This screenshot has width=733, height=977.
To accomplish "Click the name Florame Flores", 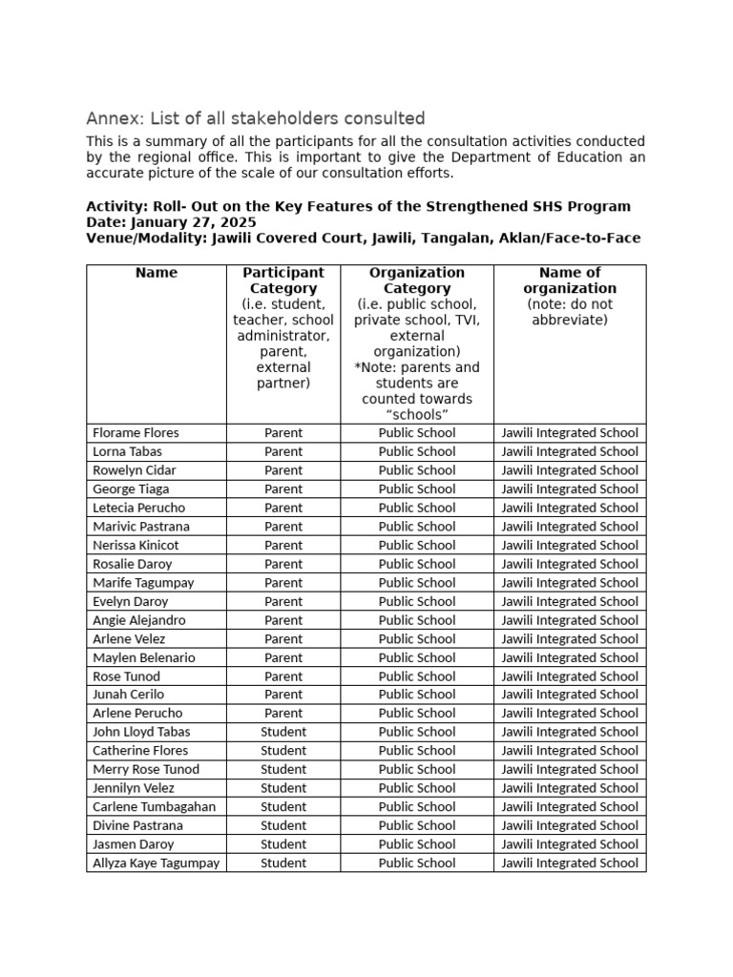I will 136,433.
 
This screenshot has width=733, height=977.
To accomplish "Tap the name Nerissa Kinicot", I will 136,546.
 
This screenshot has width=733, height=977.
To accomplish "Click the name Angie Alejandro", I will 139,620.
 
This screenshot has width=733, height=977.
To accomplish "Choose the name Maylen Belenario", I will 143,657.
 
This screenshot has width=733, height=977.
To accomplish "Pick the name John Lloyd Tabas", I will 141,732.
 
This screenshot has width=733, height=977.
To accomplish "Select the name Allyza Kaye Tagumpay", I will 157,863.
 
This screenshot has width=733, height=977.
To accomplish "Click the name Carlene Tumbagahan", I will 154,807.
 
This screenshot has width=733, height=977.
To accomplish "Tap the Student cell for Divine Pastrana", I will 283,825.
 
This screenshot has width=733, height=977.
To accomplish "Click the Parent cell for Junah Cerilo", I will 283,695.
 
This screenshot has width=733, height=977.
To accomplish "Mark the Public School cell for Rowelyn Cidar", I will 417,470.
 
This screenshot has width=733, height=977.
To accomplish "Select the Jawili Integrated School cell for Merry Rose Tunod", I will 570,770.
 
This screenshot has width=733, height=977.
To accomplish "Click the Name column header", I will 157,273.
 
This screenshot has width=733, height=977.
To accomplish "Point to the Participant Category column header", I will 283,281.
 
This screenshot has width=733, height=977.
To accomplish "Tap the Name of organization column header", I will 570,281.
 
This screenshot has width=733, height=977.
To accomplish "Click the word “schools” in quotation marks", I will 417,415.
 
